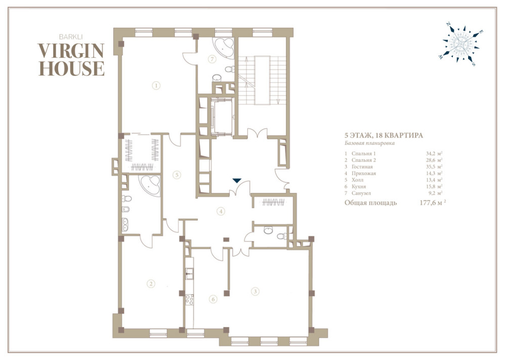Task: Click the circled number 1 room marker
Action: click(x=156, y=86)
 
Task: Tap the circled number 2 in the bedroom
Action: click(x=151, y=284)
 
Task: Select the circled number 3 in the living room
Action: click(x=255, y=291)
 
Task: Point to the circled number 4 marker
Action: click(x=221, y=212)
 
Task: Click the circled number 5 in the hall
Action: click(x=176, y=175)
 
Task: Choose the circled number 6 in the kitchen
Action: click(x=213, y=299)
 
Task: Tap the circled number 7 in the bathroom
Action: click(x=212, y=59)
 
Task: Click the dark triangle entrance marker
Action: click(x=237, y=180)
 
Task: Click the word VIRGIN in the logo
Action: click(x=71, y=51)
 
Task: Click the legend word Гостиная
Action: click(x=362, y=167)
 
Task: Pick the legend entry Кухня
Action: click(x=359, y=186)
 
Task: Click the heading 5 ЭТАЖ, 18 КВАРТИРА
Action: click(x=384, y=136)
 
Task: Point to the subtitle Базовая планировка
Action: click(x=369, y=143)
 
